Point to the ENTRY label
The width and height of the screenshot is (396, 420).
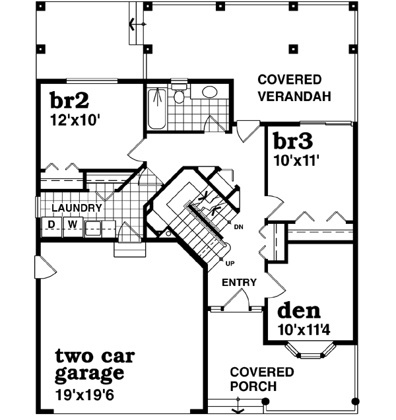pos(238,283)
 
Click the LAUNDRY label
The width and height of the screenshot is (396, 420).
pos(77,208)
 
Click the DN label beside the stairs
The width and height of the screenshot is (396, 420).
pos(238,227)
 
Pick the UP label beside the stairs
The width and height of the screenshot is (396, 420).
pos(230,263)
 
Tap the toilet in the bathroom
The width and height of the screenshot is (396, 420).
pos(178,96)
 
